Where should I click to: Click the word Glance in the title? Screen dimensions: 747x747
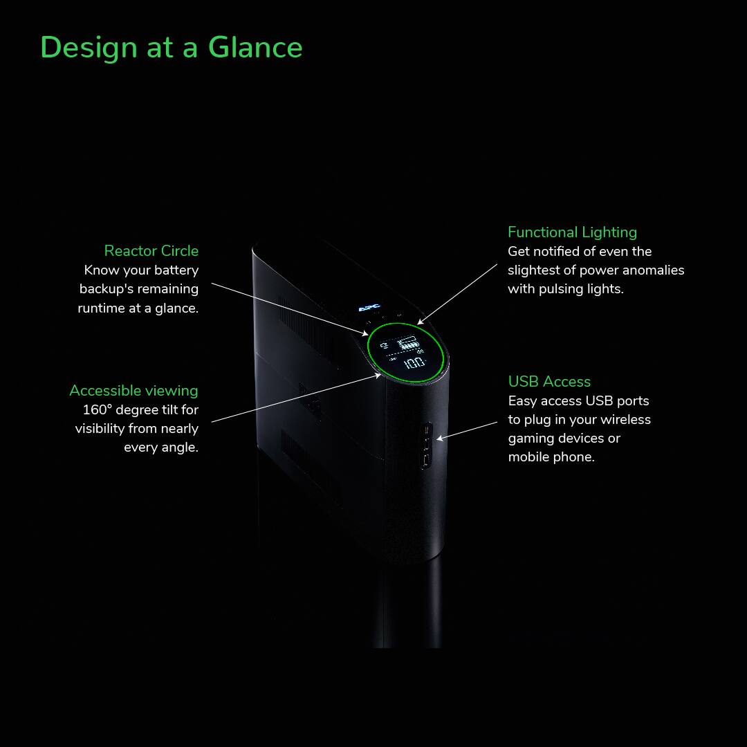(x=255, y=48)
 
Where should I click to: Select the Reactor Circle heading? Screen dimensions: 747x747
(x=151, y=250)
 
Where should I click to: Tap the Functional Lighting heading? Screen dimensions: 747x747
(x=572, y=232)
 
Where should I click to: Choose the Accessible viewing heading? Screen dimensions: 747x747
(x=133, y=391)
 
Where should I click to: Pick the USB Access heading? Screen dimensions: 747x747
(x=549, y=382)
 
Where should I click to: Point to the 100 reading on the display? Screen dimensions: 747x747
(x=414, y=362)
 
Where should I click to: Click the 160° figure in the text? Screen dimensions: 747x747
(x=97, y=409)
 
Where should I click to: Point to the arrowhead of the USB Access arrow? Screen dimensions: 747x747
(x=439, y=439)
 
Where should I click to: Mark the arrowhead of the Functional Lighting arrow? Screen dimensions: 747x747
(x=419, y=324)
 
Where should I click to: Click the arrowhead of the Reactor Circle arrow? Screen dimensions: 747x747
(x=367, y=334)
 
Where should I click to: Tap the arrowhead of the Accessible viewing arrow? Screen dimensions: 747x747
(x=380, y=375)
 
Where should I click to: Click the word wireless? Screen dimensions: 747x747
(x=625, y=419)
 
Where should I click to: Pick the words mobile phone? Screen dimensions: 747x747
(x=551, y=456)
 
